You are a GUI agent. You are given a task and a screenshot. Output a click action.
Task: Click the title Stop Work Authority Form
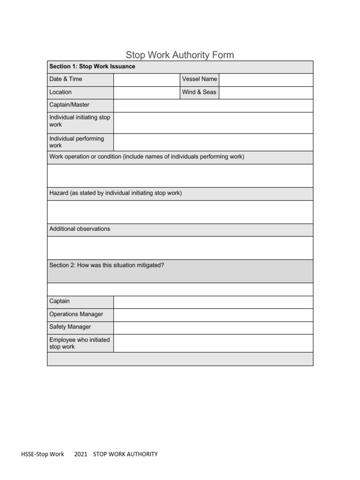tap(180, 55)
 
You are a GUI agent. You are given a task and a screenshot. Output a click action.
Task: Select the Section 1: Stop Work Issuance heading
tap(92, 67)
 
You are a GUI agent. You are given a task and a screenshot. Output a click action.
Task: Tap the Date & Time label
tap(66, 79)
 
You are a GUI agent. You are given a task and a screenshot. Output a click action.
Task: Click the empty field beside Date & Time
tap(146, 80)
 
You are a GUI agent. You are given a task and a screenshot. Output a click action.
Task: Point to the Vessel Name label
tap(199, 79)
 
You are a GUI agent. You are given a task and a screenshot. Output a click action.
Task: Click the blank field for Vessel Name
tap(266, 80)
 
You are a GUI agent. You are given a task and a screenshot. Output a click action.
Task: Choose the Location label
tap(60, 92)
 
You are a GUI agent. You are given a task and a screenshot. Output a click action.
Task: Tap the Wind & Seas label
tap(199, 92)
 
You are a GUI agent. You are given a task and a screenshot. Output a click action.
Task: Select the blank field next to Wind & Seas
tap(266, 92)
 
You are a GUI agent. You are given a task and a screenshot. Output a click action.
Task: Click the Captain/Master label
tap(69, 105)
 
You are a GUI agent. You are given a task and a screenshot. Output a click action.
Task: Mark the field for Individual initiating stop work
tap(213, 123)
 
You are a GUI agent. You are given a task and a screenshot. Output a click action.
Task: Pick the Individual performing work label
tap(76, 142)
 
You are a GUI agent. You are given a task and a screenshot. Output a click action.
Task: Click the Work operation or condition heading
tap(147, 157)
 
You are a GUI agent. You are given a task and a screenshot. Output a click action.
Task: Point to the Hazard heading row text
tap(115, 193)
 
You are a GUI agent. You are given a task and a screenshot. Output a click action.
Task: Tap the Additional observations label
tap(80, 229)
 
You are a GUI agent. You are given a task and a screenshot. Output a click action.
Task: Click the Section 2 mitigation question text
tap(106, 265)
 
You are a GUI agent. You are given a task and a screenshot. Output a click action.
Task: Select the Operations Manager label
tap(76, 314)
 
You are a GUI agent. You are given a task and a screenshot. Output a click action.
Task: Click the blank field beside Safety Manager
tap(213, 327)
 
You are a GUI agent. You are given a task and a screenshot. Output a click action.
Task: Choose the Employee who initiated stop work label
tap(79, 343)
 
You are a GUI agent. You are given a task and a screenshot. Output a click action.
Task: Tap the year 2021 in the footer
tap(81, 454)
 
